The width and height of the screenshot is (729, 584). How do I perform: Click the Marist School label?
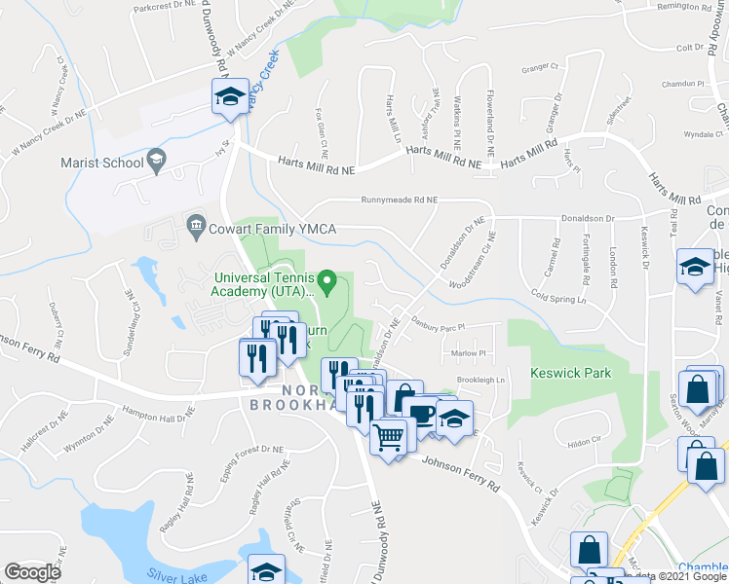[101, 163]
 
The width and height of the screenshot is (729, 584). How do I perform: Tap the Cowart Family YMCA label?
[273, 230]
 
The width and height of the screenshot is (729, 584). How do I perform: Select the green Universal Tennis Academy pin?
[328, 284]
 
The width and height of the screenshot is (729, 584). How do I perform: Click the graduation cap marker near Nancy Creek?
[230, 97]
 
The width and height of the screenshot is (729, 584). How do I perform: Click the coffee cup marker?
[423, 415]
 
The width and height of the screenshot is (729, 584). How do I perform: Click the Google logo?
[32, 572]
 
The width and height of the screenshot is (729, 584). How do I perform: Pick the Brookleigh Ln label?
[481, 380]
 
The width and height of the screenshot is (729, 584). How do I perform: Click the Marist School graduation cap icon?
[156, 160]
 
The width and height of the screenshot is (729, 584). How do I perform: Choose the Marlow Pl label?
[469, 353]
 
